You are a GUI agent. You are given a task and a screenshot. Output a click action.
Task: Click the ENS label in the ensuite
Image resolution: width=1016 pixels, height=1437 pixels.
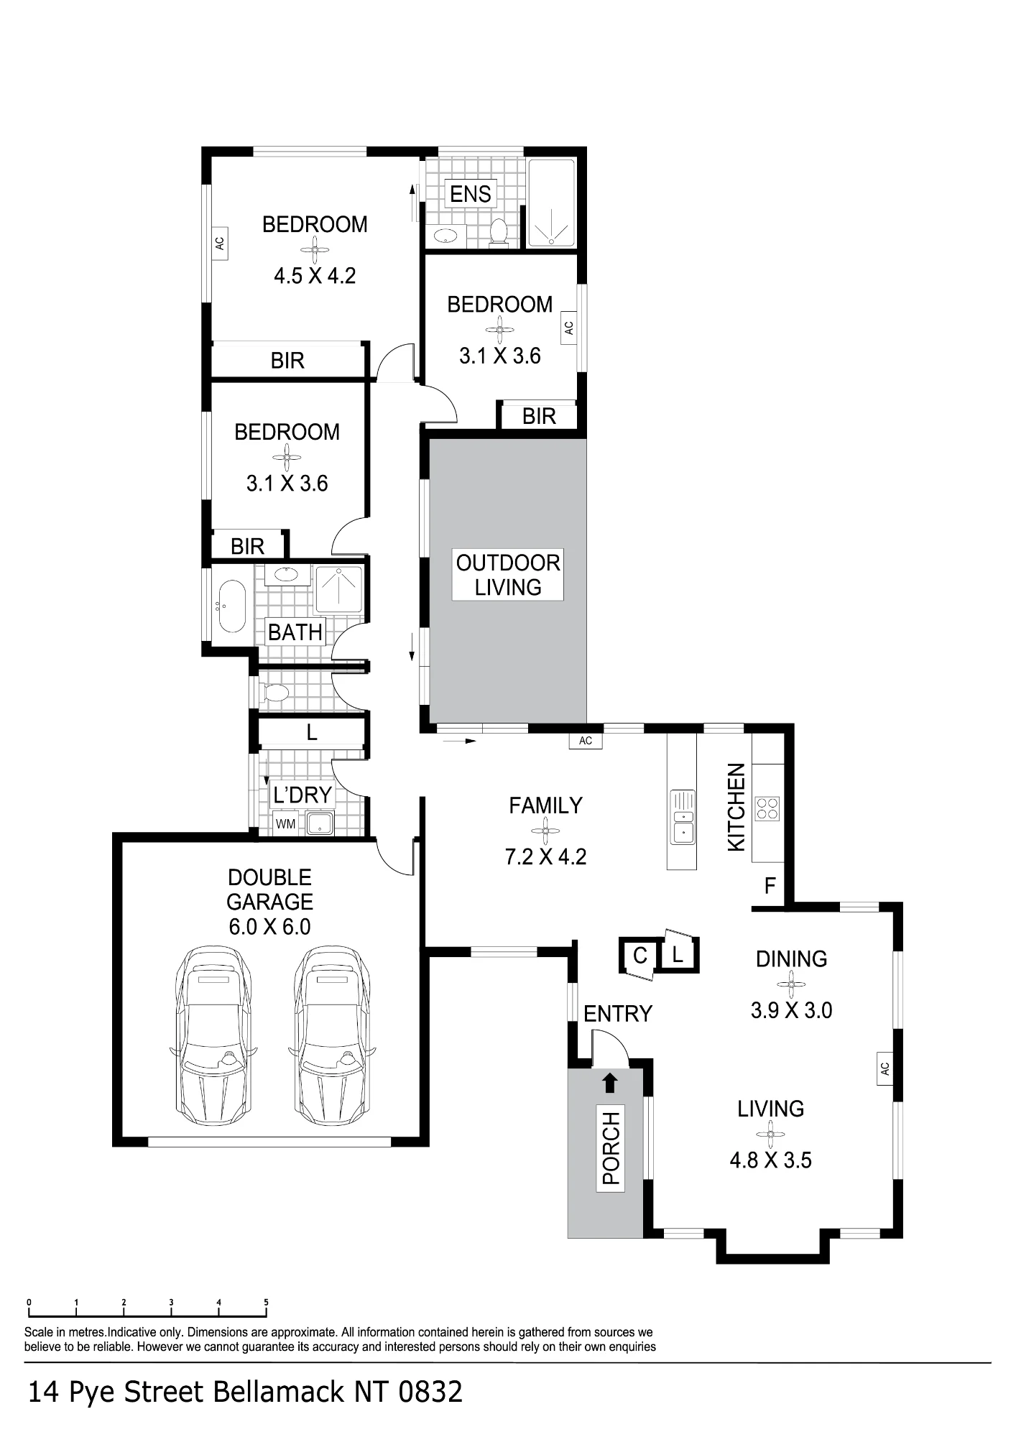pyautogui.click(x=471, y=194)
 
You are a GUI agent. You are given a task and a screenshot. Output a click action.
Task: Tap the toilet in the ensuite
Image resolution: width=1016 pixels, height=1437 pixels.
pyautogui.click(x=498, y=233)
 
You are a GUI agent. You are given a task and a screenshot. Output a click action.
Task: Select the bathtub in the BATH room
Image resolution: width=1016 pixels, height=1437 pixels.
pyautogui.click(x=230, y=606)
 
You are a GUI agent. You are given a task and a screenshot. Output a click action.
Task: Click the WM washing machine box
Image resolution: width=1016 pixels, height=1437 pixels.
pyautogui.click(x=285, y=824)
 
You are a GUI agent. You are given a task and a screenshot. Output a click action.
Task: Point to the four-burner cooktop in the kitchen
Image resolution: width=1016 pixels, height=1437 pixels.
pyautogui.click(x=767, y=808)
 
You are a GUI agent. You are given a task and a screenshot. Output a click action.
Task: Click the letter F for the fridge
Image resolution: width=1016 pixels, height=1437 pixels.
pyautogui.click(x=770, y=886)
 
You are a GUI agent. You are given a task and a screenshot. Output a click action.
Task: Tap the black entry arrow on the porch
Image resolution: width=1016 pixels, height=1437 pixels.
pyautogui.click(x=610, y=1082)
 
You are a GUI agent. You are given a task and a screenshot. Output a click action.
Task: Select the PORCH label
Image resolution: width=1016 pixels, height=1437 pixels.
pyautogui.click(x=611, y=1148)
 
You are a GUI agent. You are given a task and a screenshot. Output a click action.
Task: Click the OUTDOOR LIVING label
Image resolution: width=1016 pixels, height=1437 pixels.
pyautogui.click(x=508, y=575)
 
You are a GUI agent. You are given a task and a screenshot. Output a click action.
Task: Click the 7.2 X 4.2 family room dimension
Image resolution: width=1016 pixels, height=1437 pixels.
pyautogui.click(x=545, y=856)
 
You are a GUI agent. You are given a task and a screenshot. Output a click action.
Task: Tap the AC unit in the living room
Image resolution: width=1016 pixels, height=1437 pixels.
pyautogui.click(x=885, y=1068)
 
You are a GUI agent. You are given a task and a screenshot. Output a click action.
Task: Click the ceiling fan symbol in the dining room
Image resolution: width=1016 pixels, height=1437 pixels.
pyautogui.click(x=791, y=984)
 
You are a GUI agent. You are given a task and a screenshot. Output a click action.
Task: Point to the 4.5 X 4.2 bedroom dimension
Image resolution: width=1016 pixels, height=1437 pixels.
pyautogui.click(x=315, y=276)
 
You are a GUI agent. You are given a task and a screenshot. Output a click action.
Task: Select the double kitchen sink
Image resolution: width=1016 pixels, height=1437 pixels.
pyautogui.click(x=682, y=817)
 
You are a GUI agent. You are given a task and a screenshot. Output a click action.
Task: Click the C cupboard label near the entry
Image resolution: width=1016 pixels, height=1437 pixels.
pyautogui.click(x=640, y=956)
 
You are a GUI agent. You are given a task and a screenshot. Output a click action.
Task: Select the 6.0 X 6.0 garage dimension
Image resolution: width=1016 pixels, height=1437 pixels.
pyautogui.click(x=269, y=927)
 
